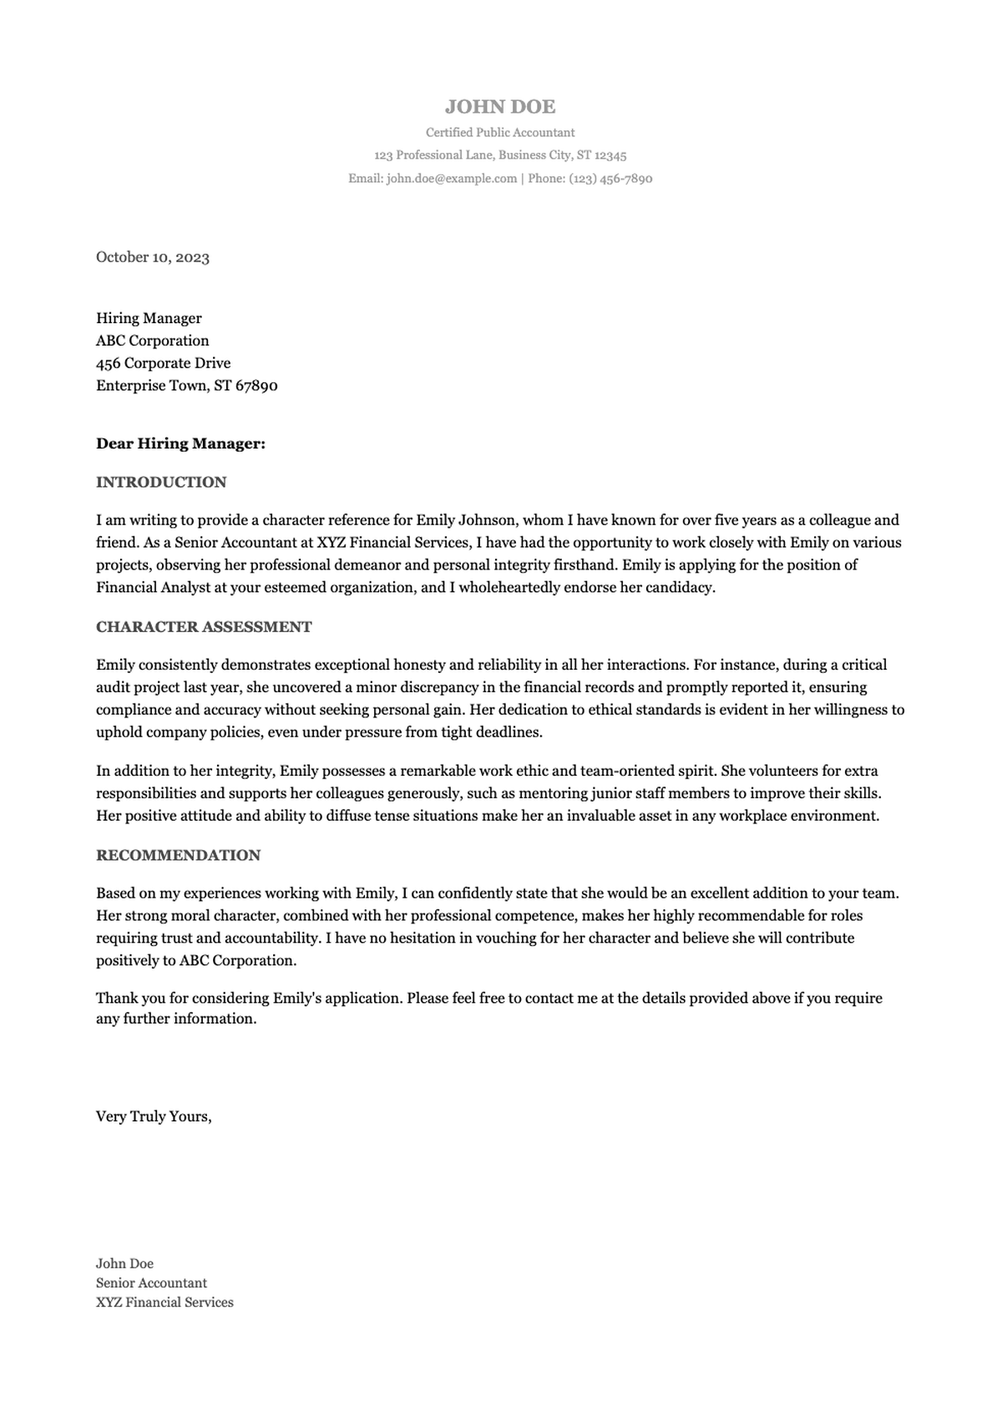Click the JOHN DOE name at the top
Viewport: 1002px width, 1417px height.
[499, 107]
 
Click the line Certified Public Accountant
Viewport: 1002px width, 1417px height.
[499, 132]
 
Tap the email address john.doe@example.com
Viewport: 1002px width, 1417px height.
[452, 179]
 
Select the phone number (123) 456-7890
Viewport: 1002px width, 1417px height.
[610, 179]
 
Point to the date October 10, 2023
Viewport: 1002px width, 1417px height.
[153, 257]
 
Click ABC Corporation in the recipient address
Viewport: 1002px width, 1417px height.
[153, 341]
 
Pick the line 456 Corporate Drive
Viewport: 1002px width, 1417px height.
[164, 363]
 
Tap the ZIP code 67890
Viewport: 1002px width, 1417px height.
[257, 386]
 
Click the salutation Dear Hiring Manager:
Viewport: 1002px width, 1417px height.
[180, 443]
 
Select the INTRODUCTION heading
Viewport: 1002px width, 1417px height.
[161, 482]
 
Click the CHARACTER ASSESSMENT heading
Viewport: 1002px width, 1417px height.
[204, 627]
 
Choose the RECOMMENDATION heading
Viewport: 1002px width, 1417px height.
[178, 855]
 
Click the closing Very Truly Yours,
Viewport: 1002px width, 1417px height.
[154, 1117]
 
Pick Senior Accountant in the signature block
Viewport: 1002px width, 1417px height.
[151, 1283]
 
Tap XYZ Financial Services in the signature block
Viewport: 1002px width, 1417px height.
[164, 1303]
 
